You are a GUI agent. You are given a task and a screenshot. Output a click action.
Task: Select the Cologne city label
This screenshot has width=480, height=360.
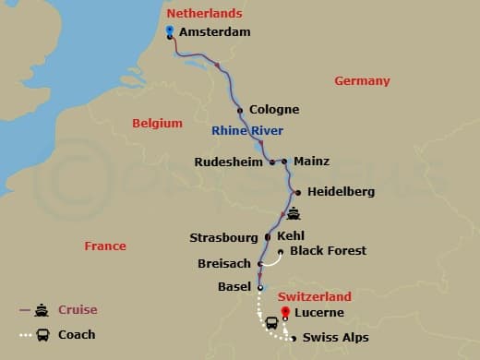click(274, 110)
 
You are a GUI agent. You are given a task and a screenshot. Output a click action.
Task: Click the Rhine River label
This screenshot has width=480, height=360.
click(246, 130)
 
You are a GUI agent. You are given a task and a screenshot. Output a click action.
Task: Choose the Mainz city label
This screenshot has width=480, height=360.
click(311, 162)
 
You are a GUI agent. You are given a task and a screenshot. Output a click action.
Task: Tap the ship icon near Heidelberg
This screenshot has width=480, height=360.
click(294, 214)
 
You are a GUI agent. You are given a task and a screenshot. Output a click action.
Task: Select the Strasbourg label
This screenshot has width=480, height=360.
click(224, 237)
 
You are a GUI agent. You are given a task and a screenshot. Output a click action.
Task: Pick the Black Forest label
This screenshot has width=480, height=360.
click(328, 250)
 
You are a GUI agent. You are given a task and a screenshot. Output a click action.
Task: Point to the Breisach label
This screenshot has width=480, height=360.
click(224, 264)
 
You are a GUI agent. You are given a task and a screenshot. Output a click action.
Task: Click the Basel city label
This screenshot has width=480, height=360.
click(234, 287)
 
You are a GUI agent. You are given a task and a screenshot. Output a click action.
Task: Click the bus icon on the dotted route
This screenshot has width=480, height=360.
click(272, 324)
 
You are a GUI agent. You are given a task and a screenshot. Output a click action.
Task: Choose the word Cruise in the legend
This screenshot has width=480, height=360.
click(78, 310)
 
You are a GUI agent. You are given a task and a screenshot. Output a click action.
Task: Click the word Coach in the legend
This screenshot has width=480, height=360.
click(78, 334)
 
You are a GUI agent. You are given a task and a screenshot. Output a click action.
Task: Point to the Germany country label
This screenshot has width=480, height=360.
click(362, 81)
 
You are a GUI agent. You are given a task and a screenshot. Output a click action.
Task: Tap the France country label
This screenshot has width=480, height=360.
click(104, 246)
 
